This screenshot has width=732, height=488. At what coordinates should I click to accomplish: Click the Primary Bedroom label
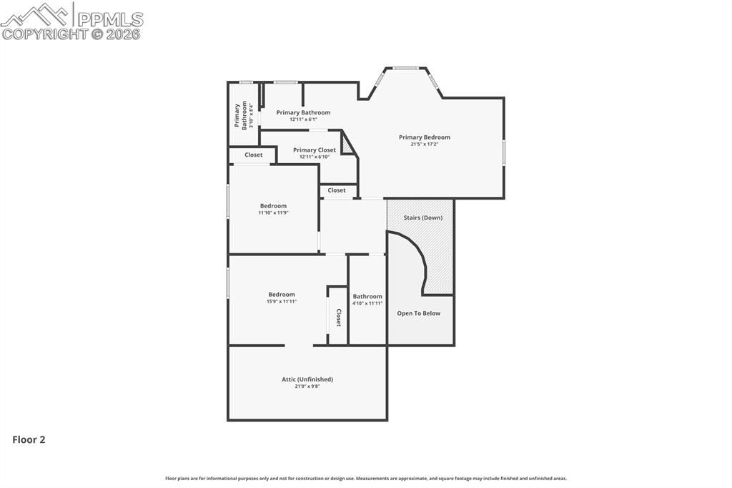pyautogui.click(x=425, y=137)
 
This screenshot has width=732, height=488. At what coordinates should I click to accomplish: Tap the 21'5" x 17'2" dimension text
pyautogui.click(x=425, y=145)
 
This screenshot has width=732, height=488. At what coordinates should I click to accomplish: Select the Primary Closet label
pyautogui.click(x=314, y=150)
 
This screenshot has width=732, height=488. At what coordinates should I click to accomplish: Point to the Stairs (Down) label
pyautogui.click(x=422, y=218)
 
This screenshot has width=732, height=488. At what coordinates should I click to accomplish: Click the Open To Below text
pyautogui.click(x=419, y=313)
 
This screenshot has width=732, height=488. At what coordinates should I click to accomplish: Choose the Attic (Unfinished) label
pyautogui.click(x=307, y=379)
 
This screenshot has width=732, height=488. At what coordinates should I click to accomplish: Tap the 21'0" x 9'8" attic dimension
pyautogui.click(x=307, y=386)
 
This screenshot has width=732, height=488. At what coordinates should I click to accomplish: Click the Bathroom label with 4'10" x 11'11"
pyautogui.click(x=367, y=296)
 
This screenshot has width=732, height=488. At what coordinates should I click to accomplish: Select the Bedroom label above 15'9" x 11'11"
pyautogui.click(x=282, y=295)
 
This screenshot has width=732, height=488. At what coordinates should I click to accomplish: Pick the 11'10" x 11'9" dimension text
pyautogui.click(x=273, y=213)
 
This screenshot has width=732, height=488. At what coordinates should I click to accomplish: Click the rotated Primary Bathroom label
pyautogui.click(x=240, y=115)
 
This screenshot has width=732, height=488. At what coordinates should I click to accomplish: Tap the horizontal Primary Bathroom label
pyautogui.click(x=303, y=112)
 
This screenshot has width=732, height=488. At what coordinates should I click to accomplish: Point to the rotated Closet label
pyautogui.click(x=339, y=318)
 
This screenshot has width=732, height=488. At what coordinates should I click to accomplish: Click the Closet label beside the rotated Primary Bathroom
pyautogui.click(x=254, y=155)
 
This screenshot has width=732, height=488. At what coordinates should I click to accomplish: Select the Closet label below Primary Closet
pyautogui.click(x=337, y=190)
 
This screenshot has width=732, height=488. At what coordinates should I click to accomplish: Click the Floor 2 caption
pyautogui.click(x=29, y=440)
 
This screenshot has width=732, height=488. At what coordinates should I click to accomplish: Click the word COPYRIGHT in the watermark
pyautogui.click(x=44, y=34)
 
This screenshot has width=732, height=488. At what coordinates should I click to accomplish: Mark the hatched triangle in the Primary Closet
pyautogui.click(x=347, y=145)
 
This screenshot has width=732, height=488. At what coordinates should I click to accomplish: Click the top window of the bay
pyautogui.click(x=406, y=69)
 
